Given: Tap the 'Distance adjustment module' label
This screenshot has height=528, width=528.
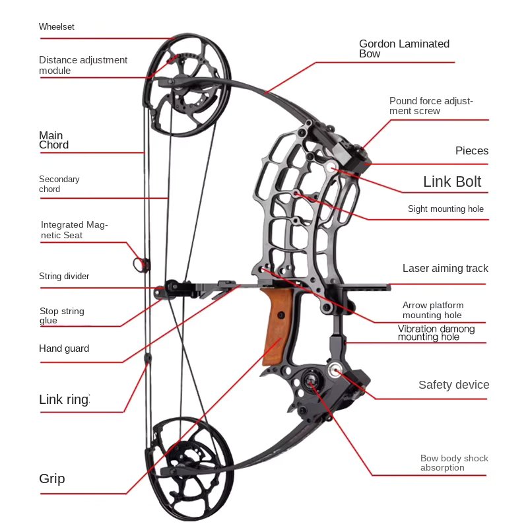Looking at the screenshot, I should [83, 65].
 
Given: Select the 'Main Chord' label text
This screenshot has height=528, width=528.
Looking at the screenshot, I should [54, 140].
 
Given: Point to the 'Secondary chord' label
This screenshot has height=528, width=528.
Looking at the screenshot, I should [59, 183].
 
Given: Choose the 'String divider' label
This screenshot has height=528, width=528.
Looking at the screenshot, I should [64, 276].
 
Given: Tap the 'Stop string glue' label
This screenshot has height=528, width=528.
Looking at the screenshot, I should [61, 315].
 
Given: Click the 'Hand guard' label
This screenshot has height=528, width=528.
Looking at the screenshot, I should [64, 348].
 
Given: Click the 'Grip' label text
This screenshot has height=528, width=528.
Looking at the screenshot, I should [52, 478].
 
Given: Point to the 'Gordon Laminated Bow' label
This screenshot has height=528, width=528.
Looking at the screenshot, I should [404, 48].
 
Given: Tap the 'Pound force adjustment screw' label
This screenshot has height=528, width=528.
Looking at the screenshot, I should [431, 106].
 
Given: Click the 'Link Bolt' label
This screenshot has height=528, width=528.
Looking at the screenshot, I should [452, 181].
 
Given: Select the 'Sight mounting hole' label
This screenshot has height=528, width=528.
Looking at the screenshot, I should [445, 209].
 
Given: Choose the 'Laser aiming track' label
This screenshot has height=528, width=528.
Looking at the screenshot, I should [445, 268].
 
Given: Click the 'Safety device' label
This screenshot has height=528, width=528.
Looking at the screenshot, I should [454, 385].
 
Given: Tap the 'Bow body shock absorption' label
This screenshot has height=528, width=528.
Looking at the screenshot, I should [454, 463].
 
